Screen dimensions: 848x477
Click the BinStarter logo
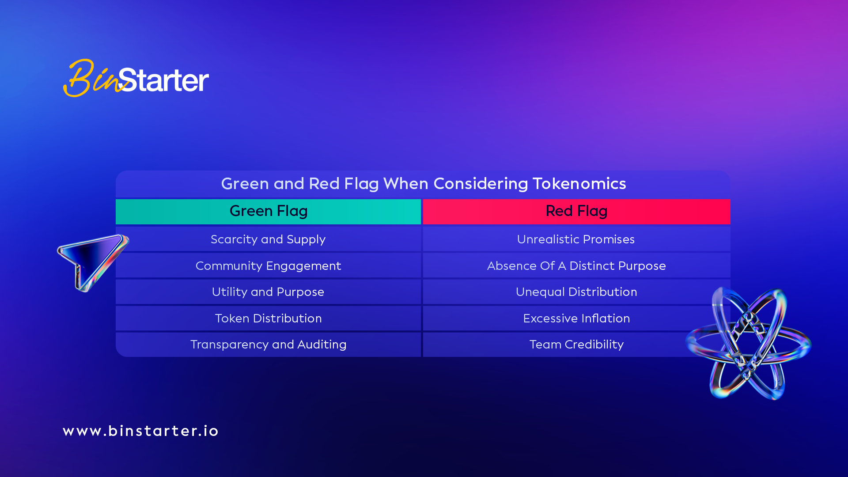pyautogui.click(x=136, y=78)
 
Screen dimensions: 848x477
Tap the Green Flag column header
pyautogui.click(x=268, y=212)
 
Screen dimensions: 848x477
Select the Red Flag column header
pyautogui.click(x=576, y=212)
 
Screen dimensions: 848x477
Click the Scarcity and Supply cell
pyautogui.click(x=268, y=239)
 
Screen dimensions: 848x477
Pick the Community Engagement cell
pyautogui.click(x=268, y=265)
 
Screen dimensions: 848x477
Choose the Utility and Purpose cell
pyautogui.click(x=268, y=291)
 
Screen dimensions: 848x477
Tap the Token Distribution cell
pyautogui.click(x=268, y=318)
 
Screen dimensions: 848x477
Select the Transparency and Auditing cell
pyautogui.click(x=268, y=344)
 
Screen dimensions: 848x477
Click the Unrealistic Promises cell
pyautogui.click(x=576, y=239)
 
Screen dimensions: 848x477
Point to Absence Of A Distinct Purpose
pyautogui.click(x=576, y=265)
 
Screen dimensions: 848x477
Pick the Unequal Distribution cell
pyautogui.click(x=576, y=291)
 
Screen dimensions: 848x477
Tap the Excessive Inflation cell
pyautogui.click(x=576, y=318)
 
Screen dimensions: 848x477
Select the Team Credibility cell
pyautogui.click(x=576, y=344)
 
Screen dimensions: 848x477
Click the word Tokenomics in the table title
pyautogui.click(x=579, y=183)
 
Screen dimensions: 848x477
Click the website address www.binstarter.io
pyautogui.click(x=140, y=431)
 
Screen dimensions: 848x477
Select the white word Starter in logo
pyautogui.click(x=163, y=80)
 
